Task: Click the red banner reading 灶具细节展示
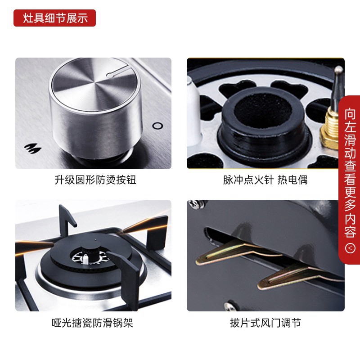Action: pyautogui.click(x=54, y=18)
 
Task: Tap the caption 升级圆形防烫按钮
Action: pyautogui.click(x=95, y=180)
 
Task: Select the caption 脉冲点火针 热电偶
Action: pyautogui.click(x=265, y=180)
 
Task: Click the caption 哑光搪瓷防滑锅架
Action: pyautogui.click(x=92, y=323)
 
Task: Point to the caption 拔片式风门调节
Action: pyautogui.click(x=265, y=323)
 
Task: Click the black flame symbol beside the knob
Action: pyautogui.click(x=33, y=148)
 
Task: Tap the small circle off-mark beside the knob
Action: pyautogui.click(x=158, y=126)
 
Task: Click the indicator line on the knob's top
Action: pyautogui.click(x=117, y=71)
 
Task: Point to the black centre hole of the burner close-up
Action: pyautogui.click(x=263, y=110)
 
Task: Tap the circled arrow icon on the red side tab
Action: pyautogui.click(x=350, y=248)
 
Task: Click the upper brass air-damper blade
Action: pyautogui.click(x=234, y=252)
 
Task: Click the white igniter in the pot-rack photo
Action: pyautogui.click(x=85, y=259)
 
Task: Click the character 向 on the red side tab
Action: pyautogui.click(x=350, y=114)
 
